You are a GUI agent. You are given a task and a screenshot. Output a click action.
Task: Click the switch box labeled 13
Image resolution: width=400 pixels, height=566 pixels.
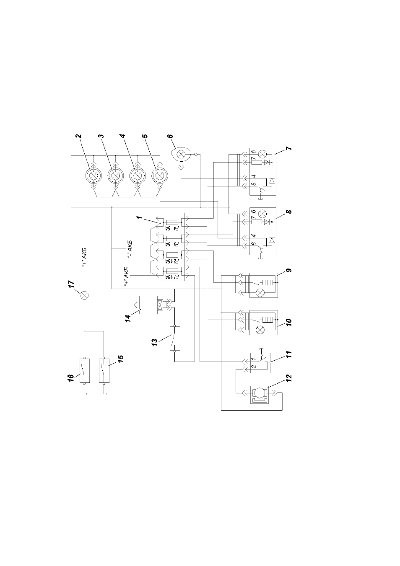tap(175, 339)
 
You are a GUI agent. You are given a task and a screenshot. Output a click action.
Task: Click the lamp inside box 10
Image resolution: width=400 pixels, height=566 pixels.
tap(260, 329)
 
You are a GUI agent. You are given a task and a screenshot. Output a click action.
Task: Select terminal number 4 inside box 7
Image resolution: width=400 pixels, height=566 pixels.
tap(254, 176)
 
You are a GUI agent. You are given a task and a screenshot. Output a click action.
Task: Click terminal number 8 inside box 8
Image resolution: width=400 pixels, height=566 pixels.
tap(254, 244)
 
